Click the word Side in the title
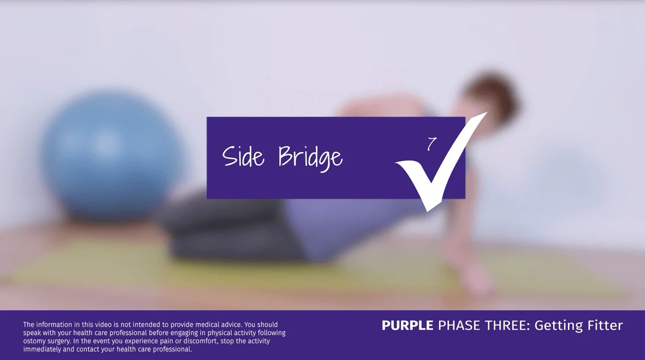coord(243,157)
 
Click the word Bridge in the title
coord(310,158)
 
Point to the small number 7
coord(432,144)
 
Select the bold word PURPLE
coord(407,326)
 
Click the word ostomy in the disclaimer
coord(34,341)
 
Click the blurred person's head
coord(492,96)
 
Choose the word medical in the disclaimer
coord(207,325)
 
